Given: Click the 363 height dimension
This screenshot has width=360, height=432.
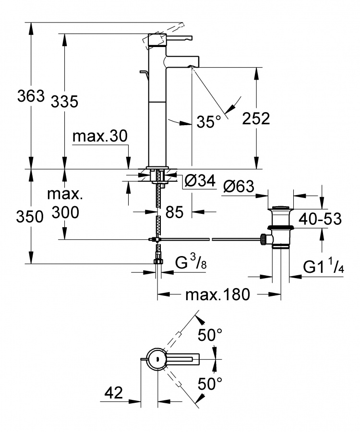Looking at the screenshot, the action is [31, 96].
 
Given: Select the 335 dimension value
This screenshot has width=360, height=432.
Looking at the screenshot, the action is [64, 101].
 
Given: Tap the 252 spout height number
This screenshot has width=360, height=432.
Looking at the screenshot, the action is [256, 118].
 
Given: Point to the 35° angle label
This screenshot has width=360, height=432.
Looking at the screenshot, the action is [209, 121].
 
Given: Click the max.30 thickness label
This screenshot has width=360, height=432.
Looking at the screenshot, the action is [100, 136].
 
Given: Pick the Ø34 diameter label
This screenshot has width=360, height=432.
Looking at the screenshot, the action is [200, 181].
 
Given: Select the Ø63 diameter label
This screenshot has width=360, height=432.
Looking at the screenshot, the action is [239, 187].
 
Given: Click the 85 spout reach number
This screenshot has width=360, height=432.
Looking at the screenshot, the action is [174, 212].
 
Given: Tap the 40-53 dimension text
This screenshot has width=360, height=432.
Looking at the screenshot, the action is [320, 219].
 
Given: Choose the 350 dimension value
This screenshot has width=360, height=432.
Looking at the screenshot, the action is [30, 217].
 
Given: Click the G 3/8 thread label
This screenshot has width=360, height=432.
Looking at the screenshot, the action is [191, 262].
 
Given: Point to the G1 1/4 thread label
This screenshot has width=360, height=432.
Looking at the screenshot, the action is [324, 266].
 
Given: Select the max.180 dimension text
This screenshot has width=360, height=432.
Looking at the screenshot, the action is [217, 294].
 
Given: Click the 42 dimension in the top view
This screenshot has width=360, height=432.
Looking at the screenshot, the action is [114, 392].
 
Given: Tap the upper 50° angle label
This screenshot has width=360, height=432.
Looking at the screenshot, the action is [210, 335].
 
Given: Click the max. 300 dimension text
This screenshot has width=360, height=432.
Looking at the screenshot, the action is [65, 203].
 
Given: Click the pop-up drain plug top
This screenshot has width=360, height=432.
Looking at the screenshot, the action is [280, 207].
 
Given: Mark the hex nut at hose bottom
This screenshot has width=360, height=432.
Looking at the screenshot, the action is [158, 261].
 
